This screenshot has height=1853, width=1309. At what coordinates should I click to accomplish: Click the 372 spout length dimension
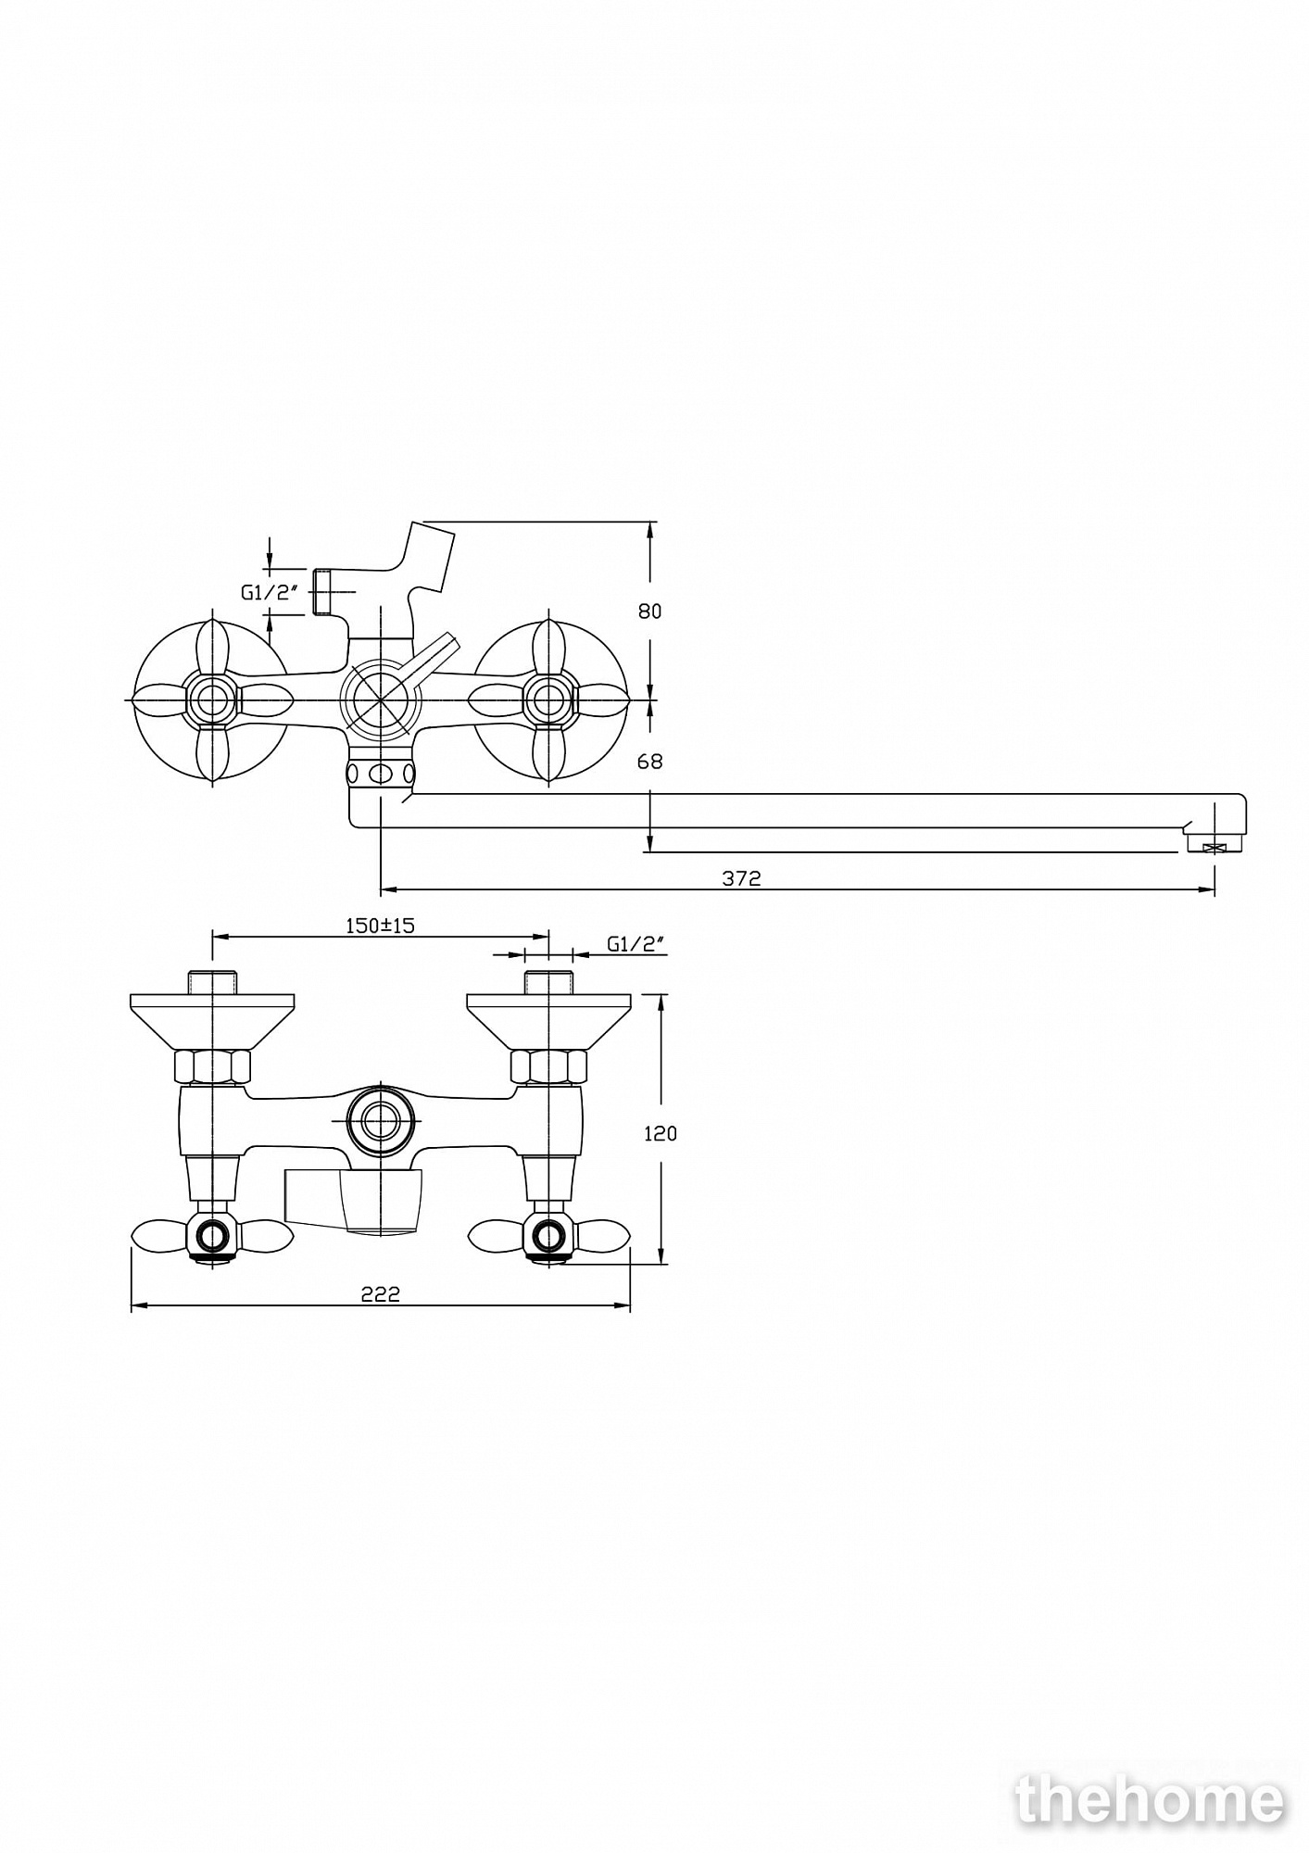click(741, 878)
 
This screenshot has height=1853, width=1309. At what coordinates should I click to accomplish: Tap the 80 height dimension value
click(650, 611)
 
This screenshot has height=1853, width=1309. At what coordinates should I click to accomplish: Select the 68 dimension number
click(650, 761)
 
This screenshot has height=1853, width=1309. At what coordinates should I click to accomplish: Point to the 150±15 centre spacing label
click(380, 925)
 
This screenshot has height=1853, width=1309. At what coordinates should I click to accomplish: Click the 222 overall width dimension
click(380, 1294)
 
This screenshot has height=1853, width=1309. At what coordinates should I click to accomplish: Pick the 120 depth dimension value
click(660, 1133)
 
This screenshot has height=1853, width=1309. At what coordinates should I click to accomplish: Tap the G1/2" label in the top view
click(637, 944)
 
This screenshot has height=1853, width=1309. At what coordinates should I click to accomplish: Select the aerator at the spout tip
click(1214, 845)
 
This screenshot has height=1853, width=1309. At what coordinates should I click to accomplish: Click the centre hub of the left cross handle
click(213, 700)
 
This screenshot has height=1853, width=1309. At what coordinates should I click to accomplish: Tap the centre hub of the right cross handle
click(548, 700)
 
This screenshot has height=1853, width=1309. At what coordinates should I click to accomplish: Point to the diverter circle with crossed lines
click(381, 700)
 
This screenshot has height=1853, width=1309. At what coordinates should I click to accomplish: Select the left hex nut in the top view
click(213, 1065)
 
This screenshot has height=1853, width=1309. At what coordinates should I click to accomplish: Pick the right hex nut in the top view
click(548, 1065)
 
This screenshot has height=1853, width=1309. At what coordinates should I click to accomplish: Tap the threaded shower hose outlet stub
click(321, 591)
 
